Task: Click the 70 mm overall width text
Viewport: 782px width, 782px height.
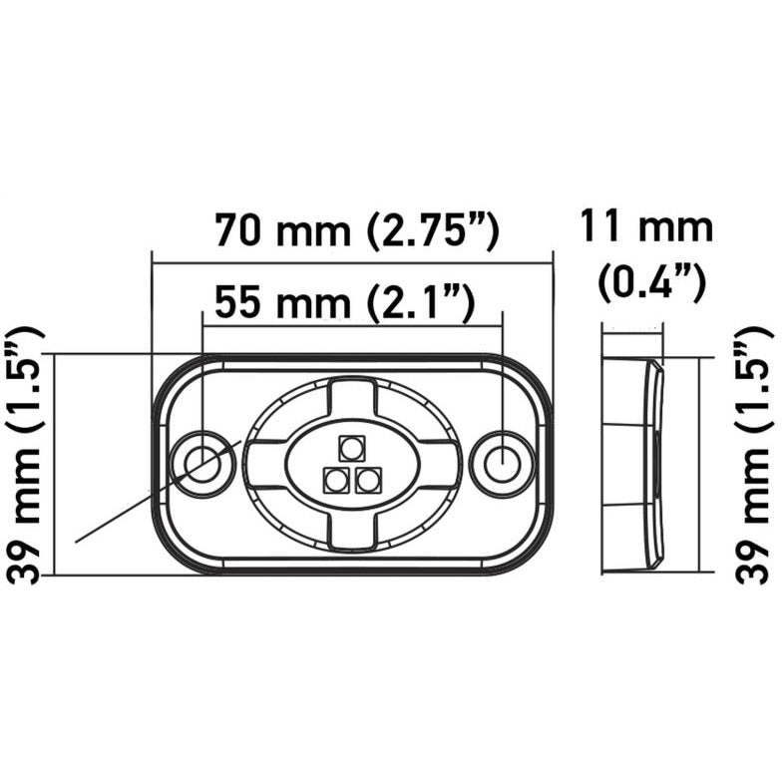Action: click(x=281, y=231)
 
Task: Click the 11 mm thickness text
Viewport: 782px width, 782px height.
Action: click(x=648, y=228)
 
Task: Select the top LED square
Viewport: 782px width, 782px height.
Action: click(x=351, y=446)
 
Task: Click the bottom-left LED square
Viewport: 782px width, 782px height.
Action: click(x=335, y=481)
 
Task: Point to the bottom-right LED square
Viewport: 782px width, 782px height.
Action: click(x=369, y=481)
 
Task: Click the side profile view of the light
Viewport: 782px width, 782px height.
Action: click(x=631, y=464)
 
